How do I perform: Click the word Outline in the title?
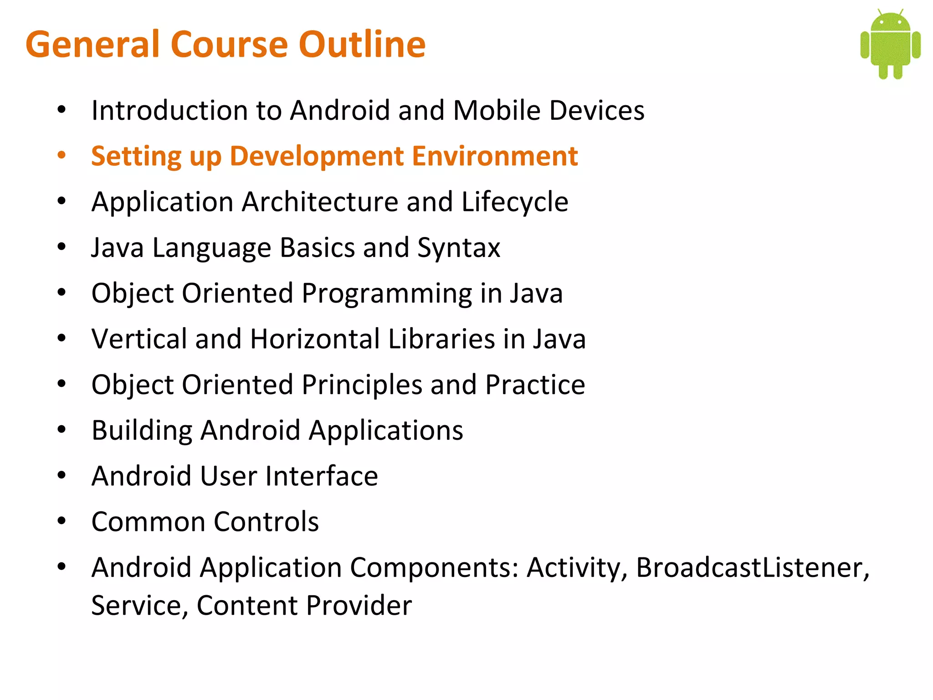pyautogui.click(x=362, y=44)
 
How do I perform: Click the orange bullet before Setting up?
pyautogui.click(x=62, y=155)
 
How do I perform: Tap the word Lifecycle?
pyautogui.click(x=515, y=202)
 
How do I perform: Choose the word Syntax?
pyautogui.click(x=459, y=248)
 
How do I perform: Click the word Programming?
pyautogui.click(x=386, y=293)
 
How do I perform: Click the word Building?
pyautogui.click(x=142, y=431)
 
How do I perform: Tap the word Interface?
pyautogui.click(x=322, y=476)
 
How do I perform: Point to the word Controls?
pyautogui.click(x=266, y=522)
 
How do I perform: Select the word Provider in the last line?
pyautogui.click(x=359, y=606)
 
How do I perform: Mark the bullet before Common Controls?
pyautogui.click(x=62, y=521)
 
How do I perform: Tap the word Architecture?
pyautogui.click(x=320, y=202)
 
